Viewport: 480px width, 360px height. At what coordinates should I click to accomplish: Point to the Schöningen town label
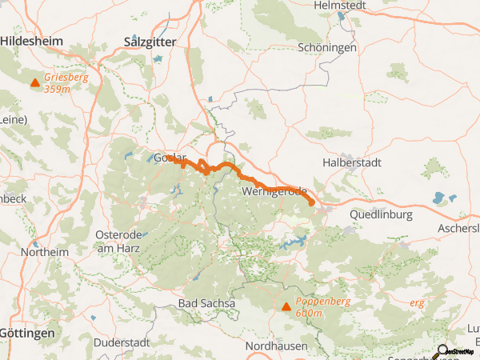point(327,47)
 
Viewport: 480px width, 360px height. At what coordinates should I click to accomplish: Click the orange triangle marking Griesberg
point(34,83)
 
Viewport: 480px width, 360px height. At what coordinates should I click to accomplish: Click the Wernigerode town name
point(274,192)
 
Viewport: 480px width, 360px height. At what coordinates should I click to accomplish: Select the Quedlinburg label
point(381,214)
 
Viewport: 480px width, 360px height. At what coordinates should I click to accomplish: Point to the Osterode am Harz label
point(118,241)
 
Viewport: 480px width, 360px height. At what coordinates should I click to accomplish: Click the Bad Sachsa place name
point(206,303)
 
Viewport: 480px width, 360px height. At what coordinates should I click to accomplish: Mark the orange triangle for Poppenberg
point(286,306)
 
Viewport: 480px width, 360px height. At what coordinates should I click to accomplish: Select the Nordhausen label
point(276,346)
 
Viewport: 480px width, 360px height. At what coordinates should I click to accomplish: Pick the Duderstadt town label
point(122,342)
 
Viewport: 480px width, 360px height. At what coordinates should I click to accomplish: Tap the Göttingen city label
point(27,332)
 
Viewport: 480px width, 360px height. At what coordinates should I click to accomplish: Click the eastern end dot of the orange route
point(311,203)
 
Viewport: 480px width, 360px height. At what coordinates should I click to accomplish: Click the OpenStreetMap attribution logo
point(458,351)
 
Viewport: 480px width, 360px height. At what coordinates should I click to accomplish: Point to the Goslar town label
point(169,158)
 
